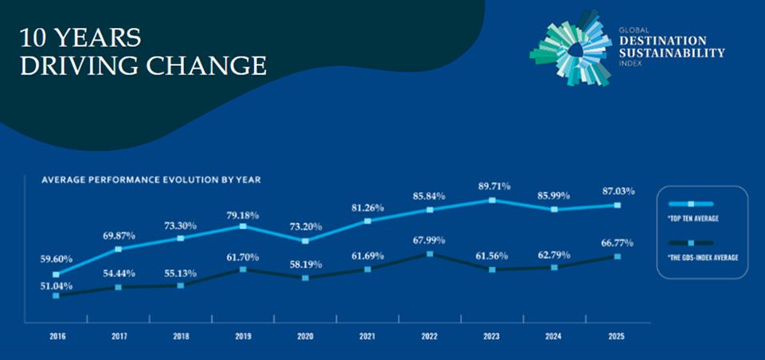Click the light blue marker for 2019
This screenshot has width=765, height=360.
pyautogui.click(x=243, y=226)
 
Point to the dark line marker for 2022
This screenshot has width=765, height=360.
pyautogui.click(x=430, y=254)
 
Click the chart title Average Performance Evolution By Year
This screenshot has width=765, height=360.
pyautogui.click(x=151, y=179)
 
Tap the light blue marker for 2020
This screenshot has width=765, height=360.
pyautogui.click(x=305, y=240)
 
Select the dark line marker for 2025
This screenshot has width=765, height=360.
pyautogui.click(x=617, y=256)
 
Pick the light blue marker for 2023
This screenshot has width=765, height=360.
pyautogui.click(x=493, y=200)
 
